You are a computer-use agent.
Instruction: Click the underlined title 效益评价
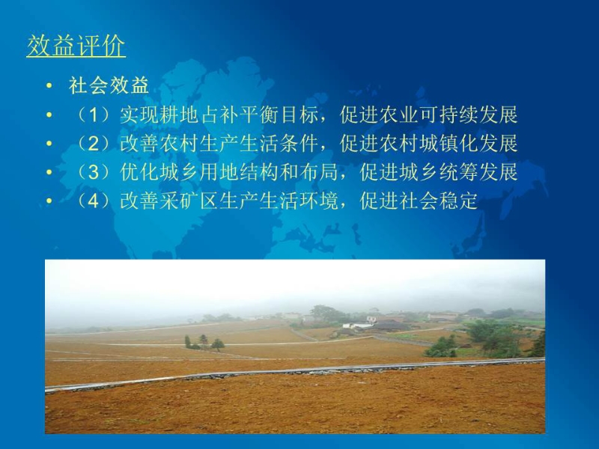point(76,46)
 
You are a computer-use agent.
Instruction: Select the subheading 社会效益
point(109,85)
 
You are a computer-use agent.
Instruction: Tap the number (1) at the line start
point(94,114)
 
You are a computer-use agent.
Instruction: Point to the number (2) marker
point(94,143)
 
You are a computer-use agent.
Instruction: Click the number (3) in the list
point(94,172)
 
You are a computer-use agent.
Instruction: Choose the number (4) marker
point(94,201)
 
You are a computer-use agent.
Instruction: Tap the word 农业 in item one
point(399,114)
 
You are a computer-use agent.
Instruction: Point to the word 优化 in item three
point(139,172)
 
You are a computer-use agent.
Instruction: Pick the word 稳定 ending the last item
point(458,201)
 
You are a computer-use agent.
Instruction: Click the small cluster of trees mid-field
point(204,343)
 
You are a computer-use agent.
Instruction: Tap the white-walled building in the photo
point(357,325)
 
